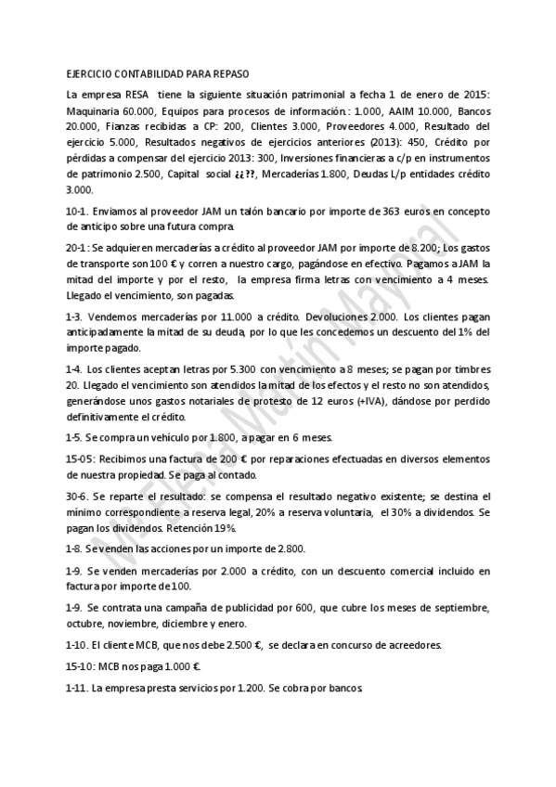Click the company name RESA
coord(136,95)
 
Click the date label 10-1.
coord(77,212)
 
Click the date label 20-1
coord(77,248)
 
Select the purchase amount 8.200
coord(420,248)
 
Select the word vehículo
coord(171,436)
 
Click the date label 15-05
coord(81,458)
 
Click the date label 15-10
coord(81,666)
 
